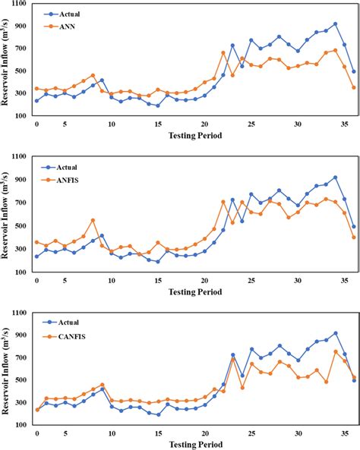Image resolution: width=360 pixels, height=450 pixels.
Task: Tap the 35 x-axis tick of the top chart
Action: point(344,124)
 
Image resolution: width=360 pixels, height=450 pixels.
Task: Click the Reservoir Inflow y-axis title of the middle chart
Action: point(7,217)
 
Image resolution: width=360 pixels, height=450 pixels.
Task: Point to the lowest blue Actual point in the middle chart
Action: point(158,261)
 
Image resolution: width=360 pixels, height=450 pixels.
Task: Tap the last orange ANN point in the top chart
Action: point(354,87)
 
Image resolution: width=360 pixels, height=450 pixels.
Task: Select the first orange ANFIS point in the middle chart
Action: point(36,242)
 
